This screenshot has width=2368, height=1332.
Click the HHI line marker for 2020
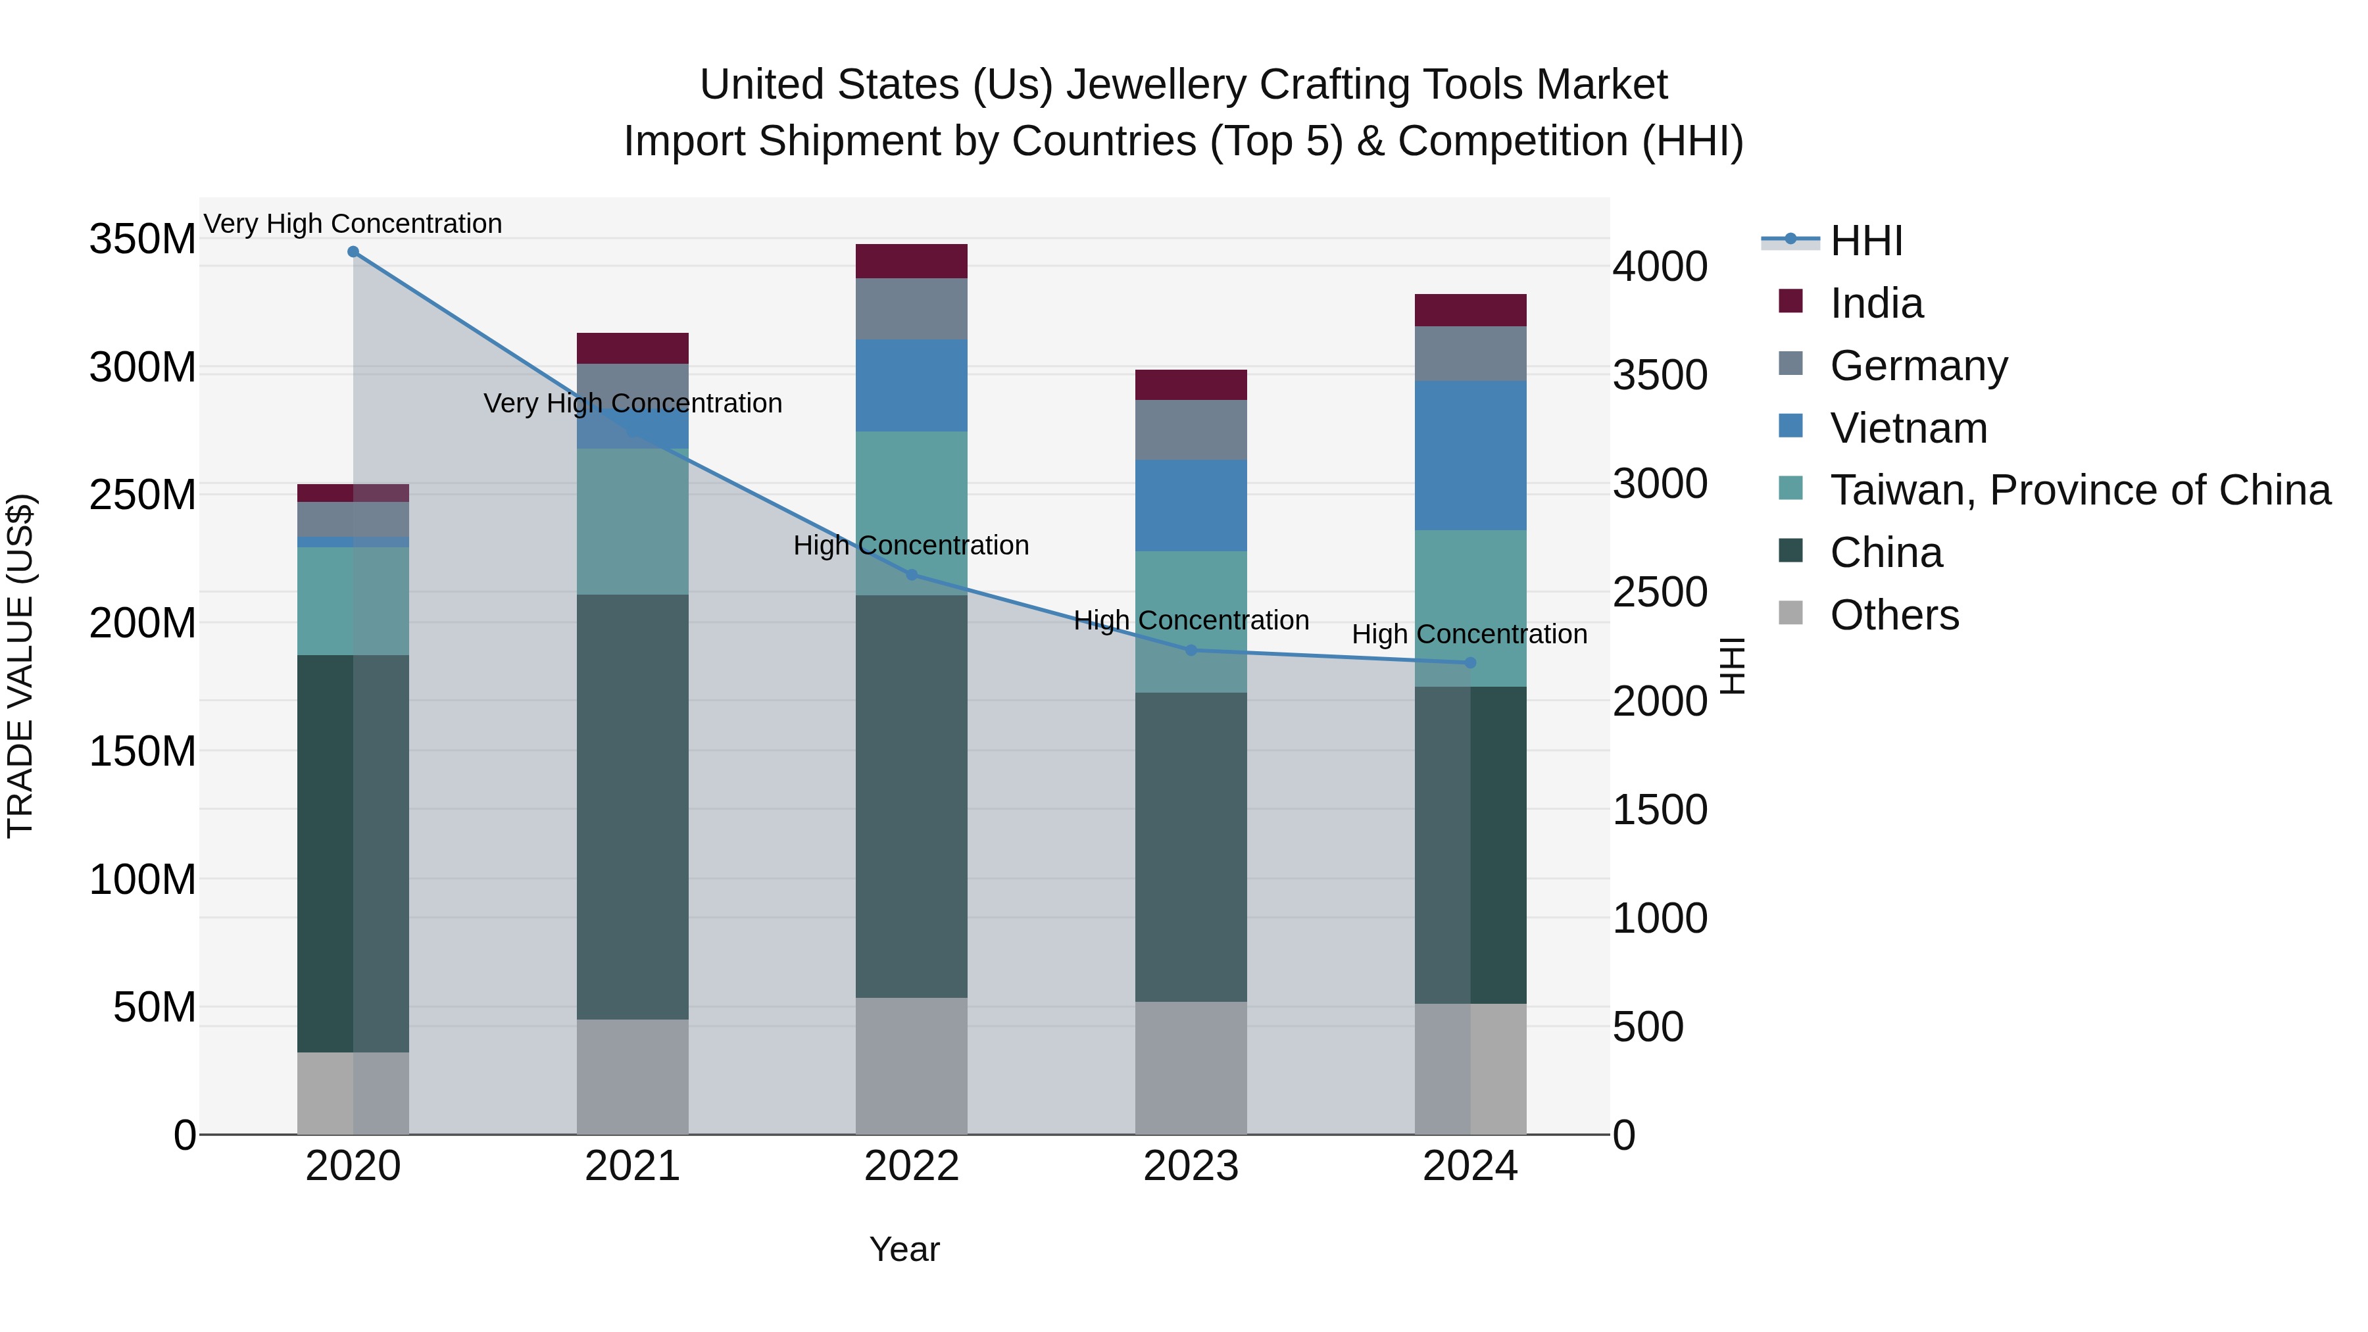coord(353,252)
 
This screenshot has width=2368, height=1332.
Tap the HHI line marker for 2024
coord(1470,663)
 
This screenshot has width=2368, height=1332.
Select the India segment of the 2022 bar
coord(912,261)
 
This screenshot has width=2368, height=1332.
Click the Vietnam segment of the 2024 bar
coord(1470,455)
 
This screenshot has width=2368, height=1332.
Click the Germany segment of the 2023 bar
coord(1191,430)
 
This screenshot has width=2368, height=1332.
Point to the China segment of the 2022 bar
coord(912,796)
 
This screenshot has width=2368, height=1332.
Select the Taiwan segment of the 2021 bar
coord(632,521)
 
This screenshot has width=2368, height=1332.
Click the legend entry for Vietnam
coord(1908,428)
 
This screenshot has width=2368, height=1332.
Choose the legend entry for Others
coord(1894,615)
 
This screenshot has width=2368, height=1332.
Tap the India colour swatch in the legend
coord(1790,301)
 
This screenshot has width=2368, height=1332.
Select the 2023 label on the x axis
coord(1191,1166)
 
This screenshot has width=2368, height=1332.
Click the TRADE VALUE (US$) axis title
coord(20,666)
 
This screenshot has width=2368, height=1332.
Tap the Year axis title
coord(904,1249)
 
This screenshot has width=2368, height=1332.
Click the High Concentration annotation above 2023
coord(1191,620)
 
